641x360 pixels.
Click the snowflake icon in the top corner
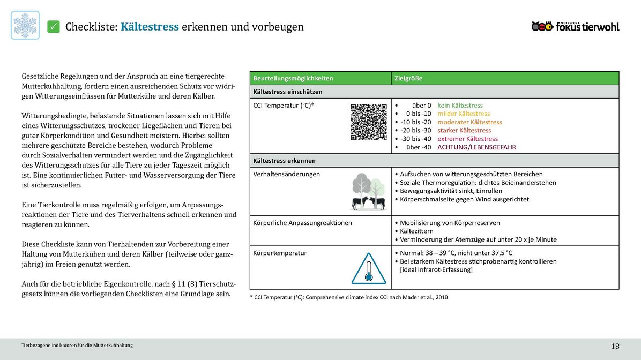pos(25,25)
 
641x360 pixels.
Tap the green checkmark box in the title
pos(54,26)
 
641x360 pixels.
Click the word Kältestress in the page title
pos(150,27)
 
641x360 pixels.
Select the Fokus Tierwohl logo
pos(575,26)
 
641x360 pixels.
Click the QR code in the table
pos(369,122)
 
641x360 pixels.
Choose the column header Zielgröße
pos(408,78)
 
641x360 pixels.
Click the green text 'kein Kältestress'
pos(460,106)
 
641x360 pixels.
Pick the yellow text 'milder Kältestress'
pos(464,114)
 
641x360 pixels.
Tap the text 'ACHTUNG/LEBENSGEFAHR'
pos(476,147)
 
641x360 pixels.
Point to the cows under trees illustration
pos(369,192)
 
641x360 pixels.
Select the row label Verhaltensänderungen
pos(286,174)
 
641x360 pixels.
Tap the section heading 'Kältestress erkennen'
pos(284,161)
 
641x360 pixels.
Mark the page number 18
pos(615,346)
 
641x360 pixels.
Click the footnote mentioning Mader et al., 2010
pos(348,297)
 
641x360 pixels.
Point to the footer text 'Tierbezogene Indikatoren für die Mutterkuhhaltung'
pos(77,345)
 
